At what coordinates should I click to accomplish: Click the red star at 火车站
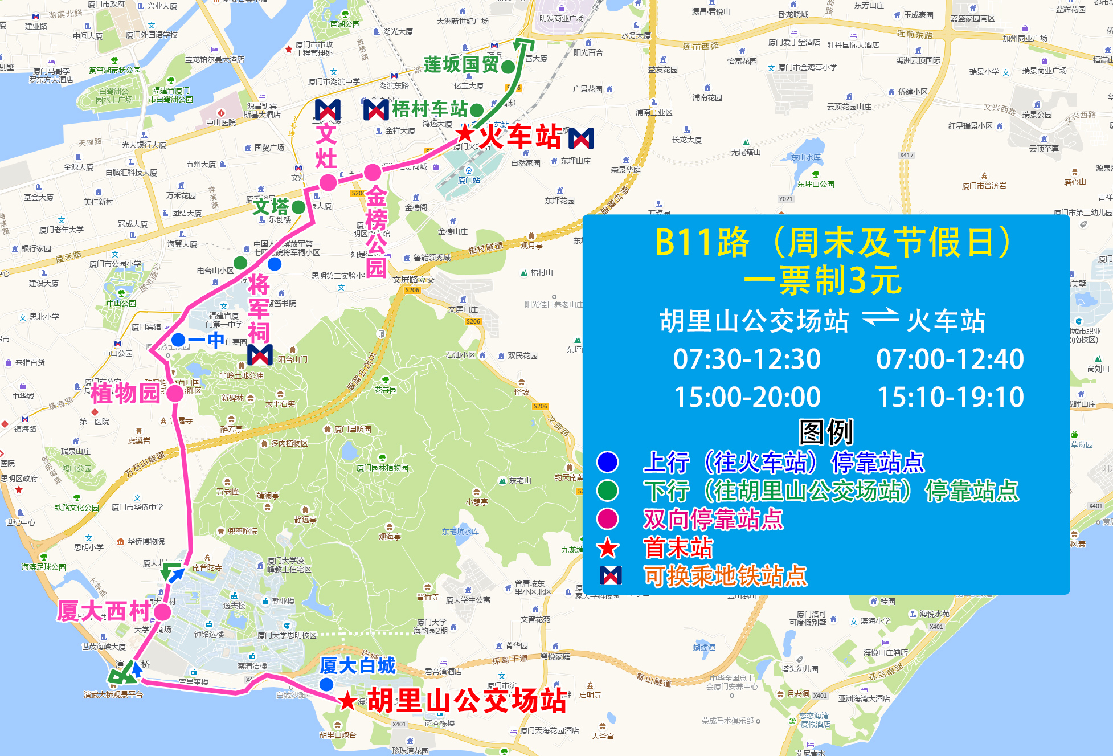(465, 133)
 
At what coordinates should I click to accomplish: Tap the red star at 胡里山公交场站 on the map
(347, 700)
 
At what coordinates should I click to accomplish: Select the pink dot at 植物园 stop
(175, 393)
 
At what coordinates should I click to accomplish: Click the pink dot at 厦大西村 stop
(162, 612)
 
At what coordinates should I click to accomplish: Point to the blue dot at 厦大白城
(326, 684)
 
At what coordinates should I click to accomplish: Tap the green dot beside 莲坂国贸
(508, 67)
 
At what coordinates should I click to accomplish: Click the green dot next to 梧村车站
(477, 109)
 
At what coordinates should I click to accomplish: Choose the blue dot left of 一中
(178, 340)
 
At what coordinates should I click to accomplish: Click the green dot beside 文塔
(298, 206)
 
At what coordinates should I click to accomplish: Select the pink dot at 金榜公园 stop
(373, 171)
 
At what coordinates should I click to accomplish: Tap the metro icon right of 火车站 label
(581, 138)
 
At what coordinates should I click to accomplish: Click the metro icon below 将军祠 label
(260, 355)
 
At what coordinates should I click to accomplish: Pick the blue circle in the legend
(607, 462)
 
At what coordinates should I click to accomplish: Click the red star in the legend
(607, 548)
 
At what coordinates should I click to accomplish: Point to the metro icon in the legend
(611, 575)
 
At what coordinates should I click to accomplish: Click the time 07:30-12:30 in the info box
(747, 359)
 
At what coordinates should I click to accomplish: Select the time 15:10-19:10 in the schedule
(950, 397)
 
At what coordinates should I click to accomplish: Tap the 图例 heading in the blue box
(826, 432)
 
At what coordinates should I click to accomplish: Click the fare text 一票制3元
(823, 280)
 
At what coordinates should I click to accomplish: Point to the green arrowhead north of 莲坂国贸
(523, 44)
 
